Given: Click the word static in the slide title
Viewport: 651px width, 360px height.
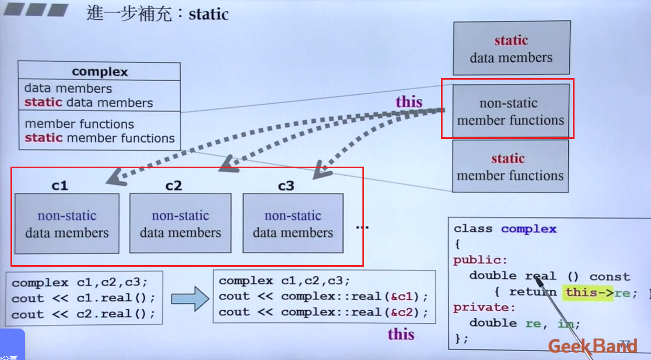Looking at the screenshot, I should (x=208, y=14).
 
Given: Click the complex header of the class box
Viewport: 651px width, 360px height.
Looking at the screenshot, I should (x=100, y=71).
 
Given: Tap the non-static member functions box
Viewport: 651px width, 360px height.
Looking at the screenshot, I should (x=510, y=112).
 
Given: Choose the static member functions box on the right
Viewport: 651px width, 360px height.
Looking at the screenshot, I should (x=510, y=167).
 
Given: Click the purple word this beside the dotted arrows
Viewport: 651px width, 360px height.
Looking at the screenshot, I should (x=409, y=101).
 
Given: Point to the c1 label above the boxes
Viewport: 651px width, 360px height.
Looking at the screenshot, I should (x=60, y=186).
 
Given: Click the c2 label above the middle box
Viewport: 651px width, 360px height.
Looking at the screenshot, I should (x=173, y=186).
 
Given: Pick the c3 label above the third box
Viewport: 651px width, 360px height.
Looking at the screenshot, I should (x=286, y=186).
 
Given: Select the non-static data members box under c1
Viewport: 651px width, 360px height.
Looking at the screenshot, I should (x=67, y=224).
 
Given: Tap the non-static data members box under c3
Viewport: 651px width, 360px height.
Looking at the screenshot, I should (x=293, y=224).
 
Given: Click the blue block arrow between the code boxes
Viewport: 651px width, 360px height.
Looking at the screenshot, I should (x=190, y=298).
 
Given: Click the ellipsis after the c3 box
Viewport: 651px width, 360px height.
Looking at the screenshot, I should (x=362, y=227).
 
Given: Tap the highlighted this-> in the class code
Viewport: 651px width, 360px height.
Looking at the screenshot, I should (x=589, y=292).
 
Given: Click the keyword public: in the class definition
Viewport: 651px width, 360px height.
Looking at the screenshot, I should (x=480, y=260).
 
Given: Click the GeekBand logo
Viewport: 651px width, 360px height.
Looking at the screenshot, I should (x=592, y=346).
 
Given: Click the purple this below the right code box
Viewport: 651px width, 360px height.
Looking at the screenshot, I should (x=401, y=334).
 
